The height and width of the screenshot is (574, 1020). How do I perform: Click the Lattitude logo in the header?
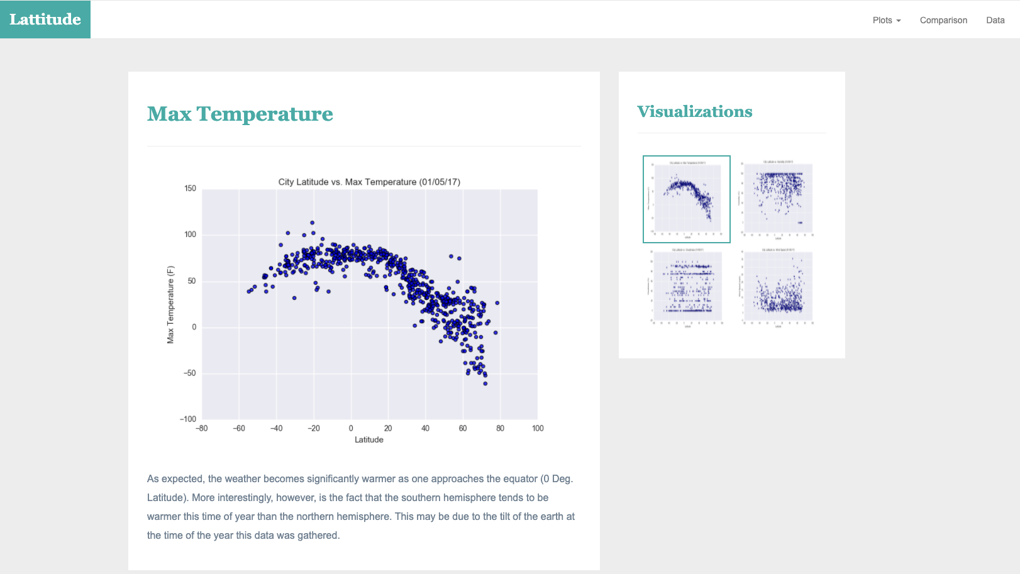(x=45, y=19)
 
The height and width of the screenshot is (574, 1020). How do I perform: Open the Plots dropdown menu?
(x=886, y=20)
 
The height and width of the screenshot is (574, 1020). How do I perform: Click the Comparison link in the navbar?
(x=943, y=20)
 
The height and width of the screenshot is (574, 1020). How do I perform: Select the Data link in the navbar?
(x=995, y=20)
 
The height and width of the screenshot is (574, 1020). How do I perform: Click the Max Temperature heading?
(x=240, y=114)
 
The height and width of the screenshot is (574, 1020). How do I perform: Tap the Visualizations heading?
(x=694, y=111)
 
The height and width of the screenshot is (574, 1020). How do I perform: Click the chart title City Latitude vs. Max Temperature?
(x=369, y=182)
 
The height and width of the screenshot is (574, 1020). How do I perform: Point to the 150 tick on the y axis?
(x=190, y=188)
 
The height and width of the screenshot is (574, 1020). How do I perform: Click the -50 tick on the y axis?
(x=189, y=373)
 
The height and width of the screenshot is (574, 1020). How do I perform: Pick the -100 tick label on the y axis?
(x=188, y=419)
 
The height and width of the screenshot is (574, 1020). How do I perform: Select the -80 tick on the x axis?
(x=201, y=428)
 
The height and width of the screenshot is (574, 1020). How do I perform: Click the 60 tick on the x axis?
(x=463, y=428)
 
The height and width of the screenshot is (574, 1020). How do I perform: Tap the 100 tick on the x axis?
(x=538, y=428)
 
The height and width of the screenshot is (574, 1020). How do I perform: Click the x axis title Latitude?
(x=369, y=439)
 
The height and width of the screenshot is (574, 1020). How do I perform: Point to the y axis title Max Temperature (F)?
(x=170, y=305)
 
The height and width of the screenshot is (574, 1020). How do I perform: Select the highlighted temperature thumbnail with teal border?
(x=687, y=199)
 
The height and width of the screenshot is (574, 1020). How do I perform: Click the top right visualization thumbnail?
(x=778, y=199)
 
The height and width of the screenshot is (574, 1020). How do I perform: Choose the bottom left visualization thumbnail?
(x=687, y=287)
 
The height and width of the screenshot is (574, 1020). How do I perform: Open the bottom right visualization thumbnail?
(x=778, y=287)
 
